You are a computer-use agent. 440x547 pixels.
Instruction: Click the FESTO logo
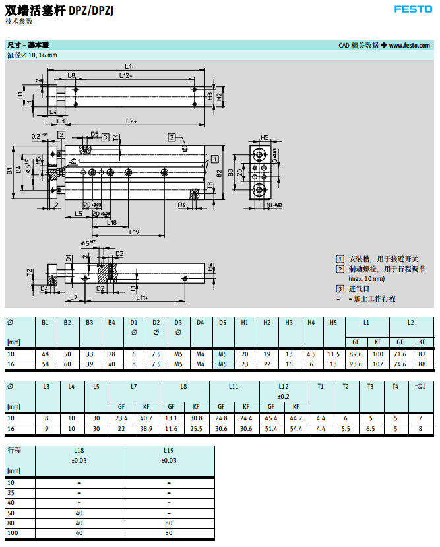click(413, 9)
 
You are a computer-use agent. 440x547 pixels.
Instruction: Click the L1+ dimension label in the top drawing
click(129, 66)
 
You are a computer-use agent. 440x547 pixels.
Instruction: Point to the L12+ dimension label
click(126, 76)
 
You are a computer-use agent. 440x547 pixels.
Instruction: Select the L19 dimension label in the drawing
click(134, 232)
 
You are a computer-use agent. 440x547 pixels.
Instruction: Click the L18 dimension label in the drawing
click(112, 222)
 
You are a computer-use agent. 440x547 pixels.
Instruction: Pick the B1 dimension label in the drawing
click(9, 171)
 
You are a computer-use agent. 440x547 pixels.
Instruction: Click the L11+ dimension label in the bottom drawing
click(142, 298)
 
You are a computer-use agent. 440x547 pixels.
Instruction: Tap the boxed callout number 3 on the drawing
click(172, 137)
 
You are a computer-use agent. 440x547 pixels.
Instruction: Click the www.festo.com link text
click(409, 46)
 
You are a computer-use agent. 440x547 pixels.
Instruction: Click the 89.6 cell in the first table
click(356, 354)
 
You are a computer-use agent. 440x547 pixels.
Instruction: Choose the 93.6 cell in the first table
click(356, 364)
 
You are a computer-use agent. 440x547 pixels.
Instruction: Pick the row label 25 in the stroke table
click(11, 493)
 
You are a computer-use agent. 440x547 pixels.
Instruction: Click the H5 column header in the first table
click(333, 322)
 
